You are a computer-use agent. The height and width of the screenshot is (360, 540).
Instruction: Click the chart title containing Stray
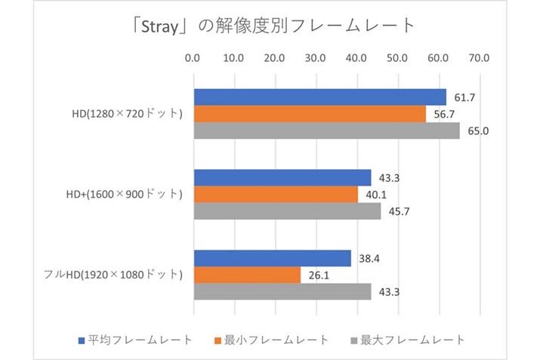point(270,26)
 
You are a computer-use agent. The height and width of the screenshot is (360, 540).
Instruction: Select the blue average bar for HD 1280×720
point(320,97)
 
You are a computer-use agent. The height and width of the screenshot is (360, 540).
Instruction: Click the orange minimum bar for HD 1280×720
point(310,114)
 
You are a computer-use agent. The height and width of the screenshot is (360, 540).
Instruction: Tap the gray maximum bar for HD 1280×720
point(326,131)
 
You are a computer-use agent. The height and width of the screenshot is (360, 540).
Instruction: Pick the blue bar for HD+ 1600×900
point(282,178)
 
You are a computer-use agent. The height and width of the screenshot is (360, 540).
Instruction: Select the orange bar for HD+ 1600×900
point(276,195)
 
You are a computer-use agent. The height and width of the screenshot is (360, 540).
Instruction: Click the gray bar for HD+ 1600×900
point(287,211)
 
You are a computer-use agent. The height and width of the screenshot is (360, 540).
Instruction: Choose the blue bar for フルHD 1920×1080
point(273,258)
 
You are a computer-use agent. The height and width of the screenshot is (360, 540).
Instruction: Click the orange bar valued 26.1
point(247,275)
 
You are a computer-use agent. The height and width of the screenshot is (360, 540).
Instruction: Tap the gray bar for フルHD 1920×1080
point(282,291)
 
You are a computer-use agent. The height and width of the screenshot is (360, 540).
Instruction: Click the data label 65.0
point(479,131)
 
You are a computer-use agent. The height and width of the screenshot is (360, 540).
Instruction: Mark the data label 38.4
point(370,258)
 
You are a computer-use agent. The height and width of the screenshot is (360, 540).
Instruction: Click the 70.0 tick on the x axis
point(480,57)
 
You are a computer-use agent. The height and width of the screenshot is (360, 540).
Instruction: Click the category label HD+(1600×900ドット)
point(124,195)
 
